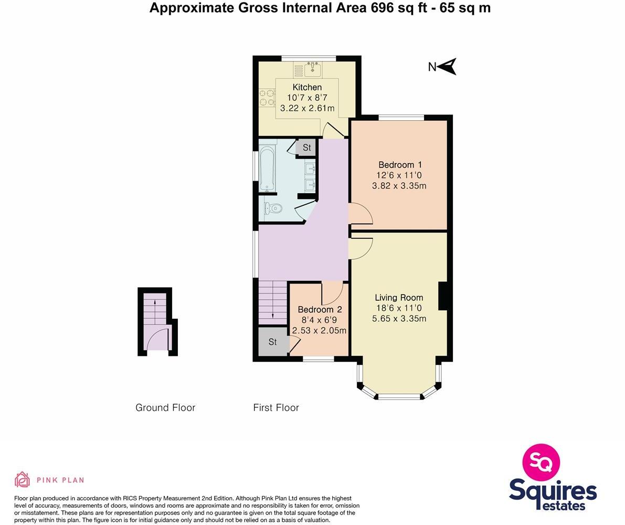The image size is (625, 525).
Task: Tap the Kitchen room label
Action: [307, 87]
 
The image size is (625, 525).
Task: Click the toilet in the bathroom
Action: [272, 208]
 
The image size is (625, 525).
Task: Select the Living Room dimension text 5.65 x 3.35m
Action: [399, 319]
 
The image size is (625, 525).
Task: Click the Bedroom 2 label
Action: [320, 309]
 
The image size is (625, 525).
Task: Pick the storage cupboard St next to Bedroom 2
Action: [273, 342]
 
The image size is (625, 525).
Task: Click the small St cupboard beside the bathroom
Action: [306, 148]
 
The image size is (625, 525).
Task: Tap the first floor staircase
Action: [273, 301]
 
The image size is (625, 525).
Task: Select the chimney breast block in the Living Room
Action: [442, 296]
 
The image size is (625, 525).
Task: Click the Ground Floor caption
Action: [165, 407]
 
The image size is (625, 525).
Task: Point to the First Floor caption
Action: [276, 407]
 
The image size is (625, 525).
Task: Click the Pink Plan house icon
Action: [22, 479]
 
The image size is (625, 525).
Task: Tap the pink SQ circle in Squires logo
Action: [541, 463]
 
